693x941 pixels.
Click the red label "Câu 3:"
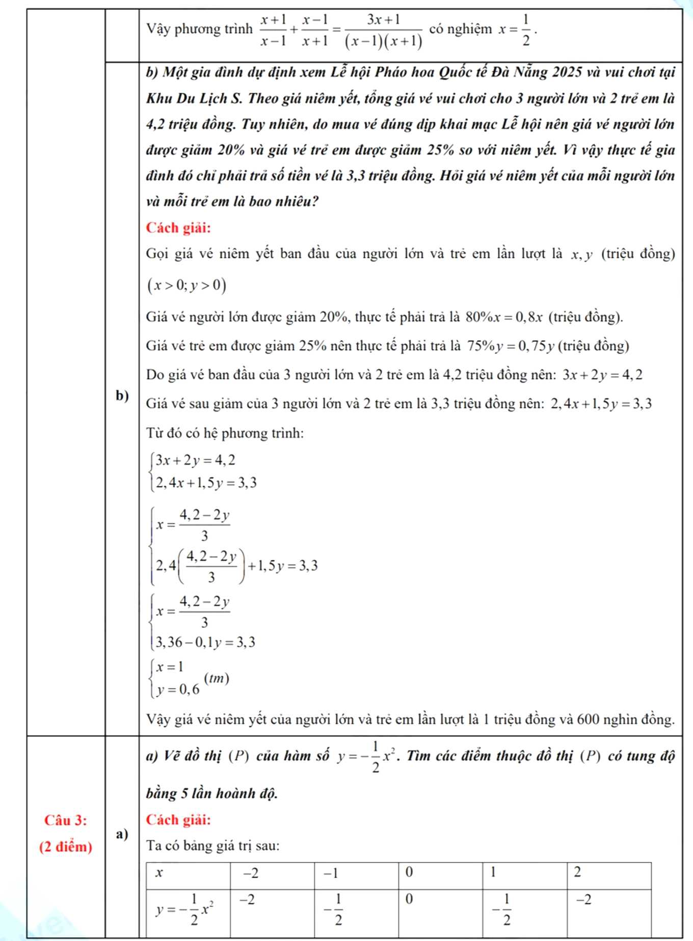[65, 820]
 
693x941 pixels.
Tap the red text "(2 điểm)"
[65, 847]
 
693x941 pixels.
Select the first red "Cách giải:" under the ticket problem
[178, 227]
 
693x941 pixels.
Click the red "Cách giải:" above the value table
[178, 820]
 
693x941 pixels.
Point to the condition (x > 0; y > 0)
[186, 285]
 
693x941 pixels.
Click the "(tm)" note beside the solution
[217, 678]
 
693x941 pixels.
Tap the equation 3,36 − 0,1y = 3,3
[205, 642]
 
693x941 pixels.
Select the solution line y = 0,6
[178, 690]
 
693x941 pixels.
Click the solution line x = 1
[170, 667]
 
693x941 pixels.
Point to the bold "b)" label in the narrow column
[122, 396]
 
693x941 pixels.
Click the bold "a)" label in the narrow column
[122, 834]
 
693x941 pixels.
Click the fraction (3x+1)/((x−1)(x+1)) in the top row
[383, 31]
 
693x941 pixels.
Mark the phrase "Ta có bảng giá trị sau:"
[213, 846]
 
